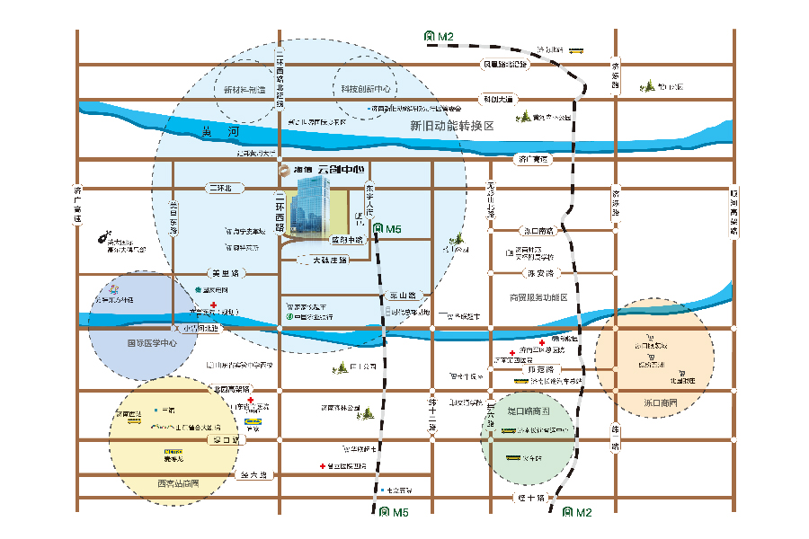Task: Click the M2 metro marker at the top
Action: click(440, 37)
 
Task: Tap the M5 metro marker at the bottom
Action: click(393, 512)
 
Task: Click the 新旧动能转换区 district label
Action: click(452, 126)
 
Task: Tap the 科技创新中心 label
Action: click(364, 89)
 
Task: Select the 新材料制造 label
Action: click(244, 90)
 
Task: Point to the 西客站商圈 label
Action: click(177, 484)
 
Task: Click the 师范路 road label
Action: click(543, 368)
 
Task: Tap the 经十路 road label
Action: click(531, 497)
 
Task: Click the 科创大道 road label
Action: click(497, 99)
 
